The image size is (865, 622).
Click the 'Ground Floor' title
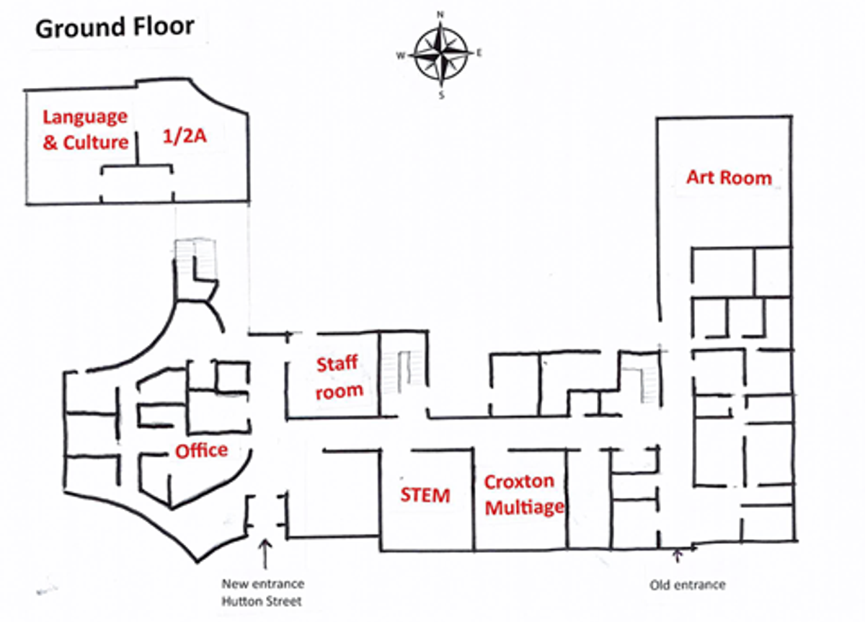(x=115, y=28)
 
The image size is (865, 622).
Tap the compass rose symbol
(x=441, y=55)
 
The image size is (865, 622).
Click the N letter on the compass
(x=440, y=14)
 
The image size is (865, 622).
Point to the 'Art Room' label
(x=729, y=177)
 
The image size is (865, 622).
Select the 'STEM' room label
(x=425, y=495)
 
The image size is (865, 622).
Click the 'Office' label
(x=201, y=450)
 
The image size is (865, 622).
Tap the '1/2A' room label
(x=185, y=136)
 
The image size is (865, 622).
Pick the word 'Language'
(x=85, y=117)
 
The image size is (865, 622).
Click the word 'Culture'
(x=95, y=143)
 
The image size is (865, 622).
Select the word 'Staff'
(x=337, y=364)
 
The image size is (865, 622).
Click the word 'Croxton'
(x=519, y=481)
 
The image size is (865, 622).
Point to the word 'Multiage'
(x=525, y=507)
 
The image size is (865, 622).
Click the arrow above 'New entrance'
(x=265, y=554)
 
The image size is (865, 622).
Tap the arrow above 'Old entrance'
(x=678, y=556)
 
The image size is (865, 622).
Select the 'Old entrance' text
(x=688, y=585)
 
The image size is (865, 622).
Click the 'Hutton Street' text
(x=262, y=601)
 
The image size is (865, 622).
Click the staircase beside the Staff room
(x=403, y=372)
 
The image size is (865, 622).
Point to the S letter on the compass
(x=441, y=95)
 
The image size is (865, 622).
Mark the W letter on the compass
(x=401, y=55)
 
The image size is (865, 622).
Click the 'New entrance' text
(x=262, y=583)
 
